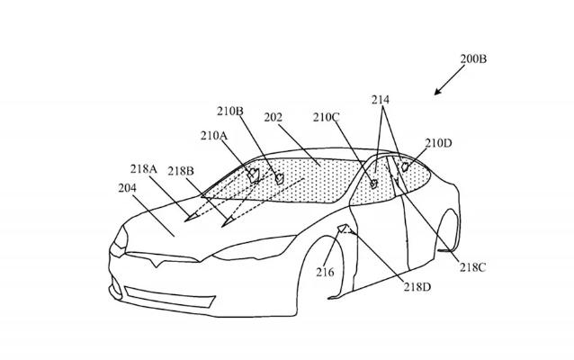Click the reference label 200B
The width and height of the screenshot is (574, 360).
coord(473,58)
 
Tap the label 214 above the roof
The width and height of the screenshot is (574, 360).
coord(381,99)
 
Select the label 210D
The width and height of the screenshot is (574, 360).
coord(438,143)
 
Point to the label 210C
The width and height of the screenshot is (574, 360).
coord(327,117)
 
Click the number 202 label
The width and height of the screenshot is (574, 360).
coord(274,117)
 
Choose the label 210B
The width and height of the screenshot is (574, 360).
coord(230,111)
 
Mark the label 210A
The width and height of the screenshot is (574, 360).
coord(214,136)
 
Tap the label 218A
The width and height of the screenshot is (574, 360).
coord(144,169)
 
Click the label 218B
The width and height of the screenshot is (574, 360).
coord(181,171)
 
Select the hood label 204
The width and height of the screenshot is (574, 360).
coord(127,188)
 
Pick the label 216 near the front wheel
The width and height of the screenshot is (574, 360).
coord(325,272)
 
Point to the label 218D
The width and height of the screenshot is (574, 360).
coord(417,287)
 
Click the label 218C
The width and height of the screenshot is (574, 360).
coord(472,267)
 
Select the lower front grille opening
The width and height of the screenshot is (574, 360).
coord(170,297)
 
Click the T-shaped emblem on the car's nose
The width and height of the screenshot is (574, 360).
coord(156,262)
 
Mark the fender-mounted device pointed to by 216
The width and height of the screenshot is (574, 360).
coord(342,229)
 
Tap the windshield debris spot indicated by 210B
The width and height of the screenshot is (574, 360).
coord(279,178)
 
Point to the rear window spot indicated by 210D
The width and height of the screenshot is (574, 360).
coord(405,167)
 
